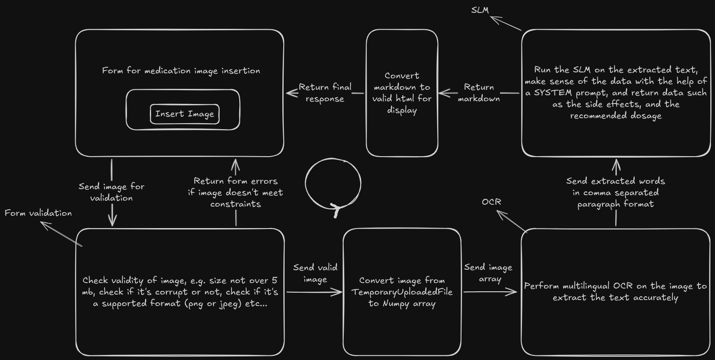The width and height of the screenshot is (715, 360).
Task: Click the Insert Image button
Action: click(184, 114)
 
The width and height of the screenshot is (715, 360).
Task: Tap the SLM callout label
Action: click(479, 10)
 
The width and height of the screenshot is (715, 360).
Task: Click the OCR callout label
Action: click(491, 202)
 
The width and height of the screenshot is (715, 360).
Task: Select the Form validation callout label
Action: click(38, 213)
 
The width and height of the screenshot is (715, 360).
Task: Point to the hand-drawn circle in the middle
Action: click(333, 184)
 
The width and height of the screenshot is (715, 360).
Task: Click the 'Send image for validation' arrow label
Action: click(111, 192)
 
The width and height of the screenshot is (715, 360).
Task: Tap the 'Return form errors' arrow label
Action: click(236, 192)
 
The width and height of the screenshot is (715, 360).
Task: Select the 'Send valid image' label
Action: click(315, 273)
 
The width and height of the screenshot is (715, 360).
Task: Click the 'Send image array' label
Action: click(488, 273)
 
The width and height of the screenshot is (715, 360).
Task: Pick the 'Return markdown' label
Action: click(479, 93)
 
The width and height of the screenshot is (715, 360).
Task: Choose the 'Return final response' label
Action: click(325, 93)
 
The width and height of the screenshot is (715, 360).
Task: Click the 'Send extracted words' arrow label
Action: click(616, 192)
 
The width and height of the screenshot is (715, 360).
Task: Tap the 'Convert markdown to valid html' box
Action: click(402, 93)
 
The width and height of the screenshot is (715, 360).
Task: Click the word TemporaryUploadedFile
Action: click(402, 292)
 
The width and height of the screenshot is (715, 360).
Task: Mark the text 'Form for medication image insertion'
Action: click(181, 71)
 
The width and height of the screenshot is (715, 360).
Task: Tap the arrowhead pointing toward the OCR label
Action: click(500, 213)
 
